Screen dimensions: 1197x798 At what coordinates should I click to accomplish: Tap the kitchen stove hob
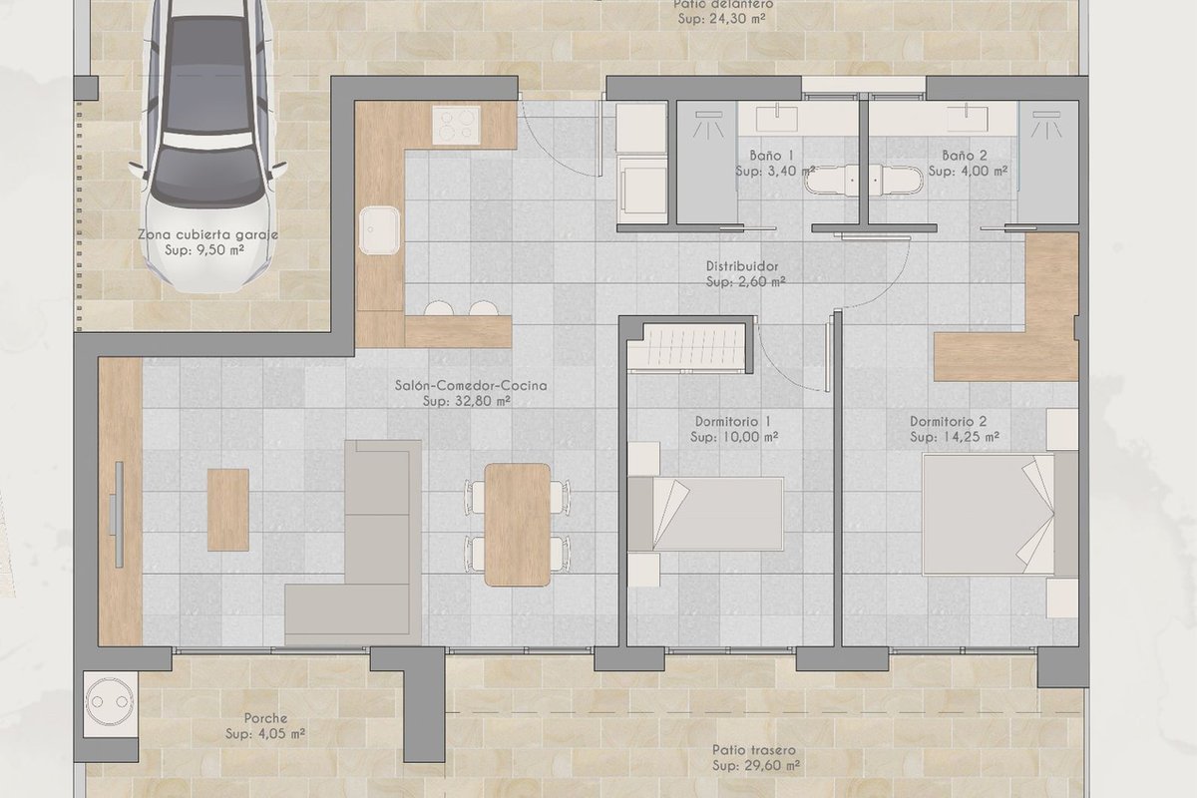point(457,125)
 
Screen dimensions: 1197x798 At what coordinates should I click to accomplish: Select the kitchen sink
point(379,230)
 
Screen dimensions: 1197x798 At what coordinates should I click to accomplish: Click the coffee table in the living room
point(228,510)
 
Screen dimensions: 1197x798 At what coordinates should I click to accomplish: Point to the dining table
point(518,525)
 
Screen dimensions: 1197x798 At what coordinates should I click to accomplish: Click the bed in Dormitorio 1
point(705,514)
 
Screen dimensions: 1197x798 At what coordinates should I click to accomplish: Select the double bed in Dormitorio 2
point(1000,514)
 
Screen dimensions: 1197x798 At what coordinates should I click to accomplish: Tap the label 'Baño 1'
point(771,156)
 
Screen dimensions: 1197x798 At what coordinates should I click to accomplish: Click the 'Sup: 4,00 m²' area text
point(968,171)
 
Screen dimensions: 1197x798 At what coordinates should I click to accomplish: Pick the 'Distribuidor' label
point(742,265)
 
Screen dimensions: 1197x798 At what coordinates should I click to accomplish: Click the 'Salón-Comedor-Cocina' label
point(471,385)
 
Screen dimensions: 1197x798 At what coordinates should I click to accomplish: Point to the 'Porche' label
point(265,718)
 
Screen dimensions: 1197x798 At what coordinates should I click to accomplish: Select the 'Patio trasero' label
point(754,750)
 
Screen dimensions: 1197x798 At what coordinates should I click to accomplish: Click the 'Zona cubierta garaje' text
point(207,234)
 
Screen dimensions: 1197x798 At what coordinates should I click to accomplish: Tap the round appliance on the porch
point(110,702)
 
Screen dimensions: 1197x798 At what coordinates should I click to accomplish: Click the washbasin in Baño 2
point(968,118)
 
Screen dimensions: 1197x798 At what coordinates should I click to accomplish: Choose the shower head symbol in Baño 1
point(708,124)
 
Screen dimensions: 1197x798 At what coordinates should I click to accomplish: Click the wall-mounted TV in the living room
point(119,514)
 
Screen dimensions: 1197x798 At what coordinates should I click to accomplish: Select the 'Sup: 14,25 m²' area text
point(955,437)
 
